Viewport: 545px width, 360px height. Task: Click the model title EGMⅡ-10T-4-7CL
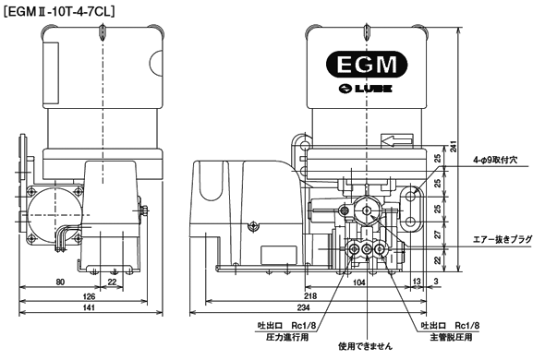pos(59,12)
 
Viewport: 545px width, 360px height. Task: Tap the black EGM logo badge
pos(367,65)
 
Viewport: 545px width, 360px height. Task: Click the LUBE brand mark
pos(365,89)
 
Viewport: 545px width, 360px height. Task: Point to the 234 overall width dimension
pos(303,307)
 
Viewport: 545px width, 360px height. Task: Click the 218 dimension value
pos(310,295)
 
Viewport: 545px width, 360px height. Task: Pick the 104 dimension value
pos(359,282)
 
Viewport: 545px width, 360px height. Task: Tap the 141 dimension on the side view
pos(90,307)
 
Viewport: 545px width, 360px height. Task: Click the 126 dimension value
pos(89,296)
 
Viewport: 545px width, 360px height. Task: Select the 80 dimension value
pos(60,282)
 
